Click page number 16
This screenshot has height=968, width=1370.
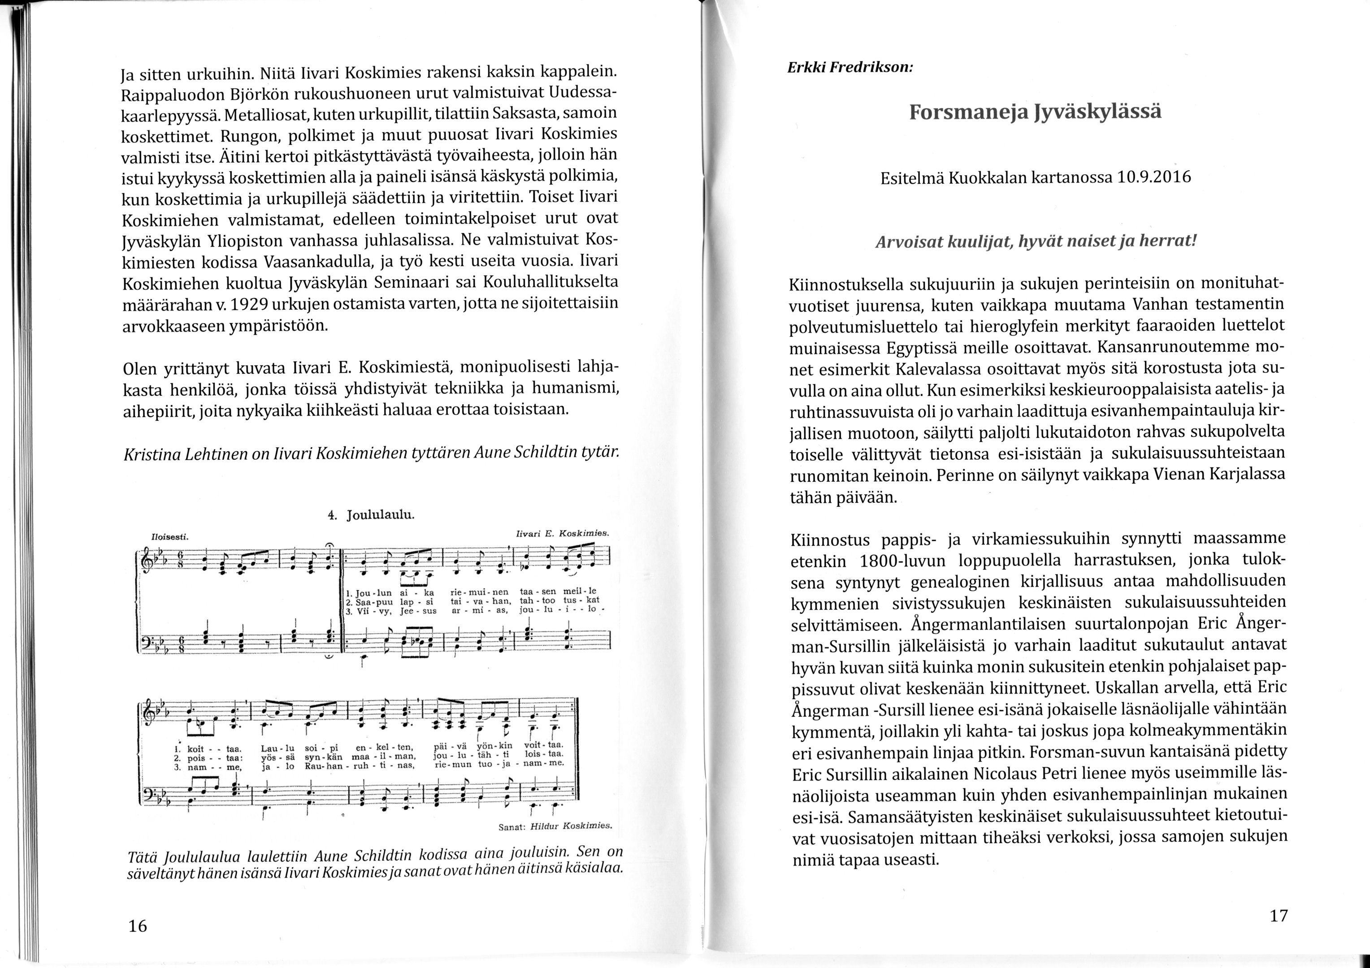tap(137, 926)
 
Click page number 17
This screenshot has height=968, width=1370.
tap(1278, 915)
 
